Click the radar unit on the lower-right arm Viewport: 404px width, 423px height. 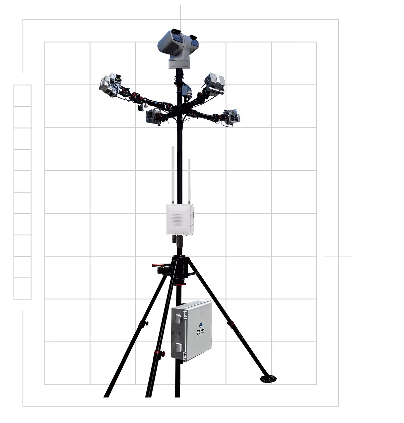pos(231,117)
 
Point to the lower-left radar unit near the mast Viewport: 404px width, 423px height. pos(153,116)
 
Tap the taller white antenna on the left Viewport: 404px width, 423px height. pos(173,174)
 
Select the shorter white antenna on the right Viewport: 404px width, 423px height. pos(189,181)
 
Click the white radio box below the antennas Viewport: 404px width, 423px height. pos(180,219)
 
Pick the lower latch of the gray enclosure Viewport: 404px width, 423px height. pos(178,347)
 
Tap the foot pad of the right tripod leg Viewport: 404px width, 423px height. pos(268,379)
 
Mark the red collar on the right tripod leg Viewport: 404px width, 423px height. pos(232,323)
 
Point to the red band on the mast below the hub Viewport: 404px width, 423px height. pos(180,284)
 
